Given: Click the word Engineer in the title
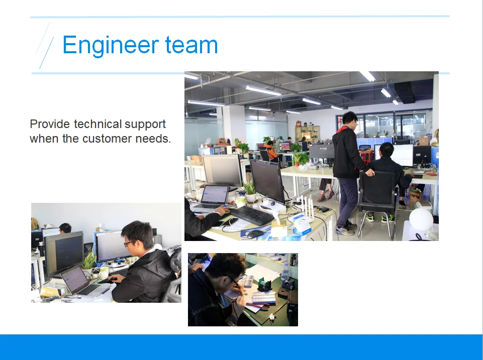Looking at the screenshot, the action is coord(111,45).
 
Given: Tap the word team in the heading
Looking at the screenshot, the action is coord(191,45).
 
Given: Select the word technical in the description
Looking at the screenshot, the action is coord(98,124).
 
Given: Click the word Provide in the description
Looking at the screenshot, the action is coord(50,125).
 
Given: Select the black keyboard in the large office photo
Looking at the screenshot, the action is coord(251,215).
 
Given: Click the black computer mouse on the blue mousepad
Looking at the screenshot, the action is coord(255,234).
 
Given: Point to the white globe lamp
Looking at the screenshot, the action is coord(421,219).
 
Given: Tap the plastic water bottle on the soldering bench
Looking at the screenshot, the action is coord(285,271).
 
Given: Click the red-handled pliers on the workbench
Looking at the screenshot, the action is coord(257,306).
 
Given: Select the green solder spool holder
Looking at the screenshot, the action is coord(264,284).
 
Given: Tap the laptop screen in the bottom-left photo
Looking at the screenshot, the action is coord(73,279).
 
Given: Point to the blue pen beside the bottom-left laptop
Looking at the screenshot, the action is coord(106,291).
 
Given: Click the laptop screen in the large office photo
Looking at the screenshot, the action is coord(215,194).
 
